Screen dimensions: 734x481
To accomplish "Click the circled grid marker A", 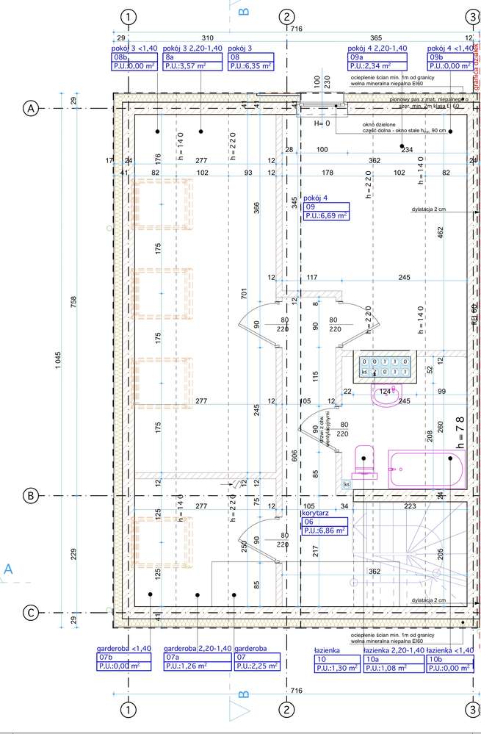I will pos(31,108).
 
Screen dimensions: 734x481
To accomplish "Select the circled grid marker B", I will pos(31,495).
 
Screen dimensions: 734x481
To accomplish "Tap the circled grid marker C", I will pos(31,612).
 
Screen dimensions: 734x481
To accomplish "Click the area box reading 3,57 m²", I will pos(187,65).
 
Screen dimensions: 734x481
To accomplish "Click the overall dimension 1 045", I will pos(57,360).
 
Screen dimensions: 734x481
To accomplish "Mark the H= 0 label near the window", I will pos(322,124).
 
